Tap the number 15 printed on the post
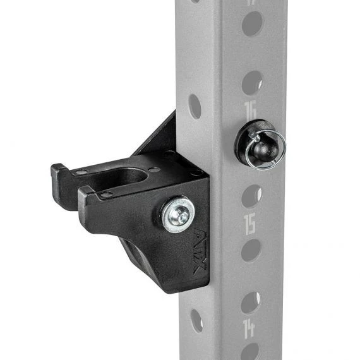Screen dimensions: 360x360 pos(249,224)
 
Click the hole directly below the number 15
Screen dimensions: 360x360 pos(250,250)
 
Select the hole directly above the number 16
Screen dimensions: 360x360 pos(252,83)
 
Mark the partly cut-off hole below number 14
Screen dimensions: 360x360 pos(249,352)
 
